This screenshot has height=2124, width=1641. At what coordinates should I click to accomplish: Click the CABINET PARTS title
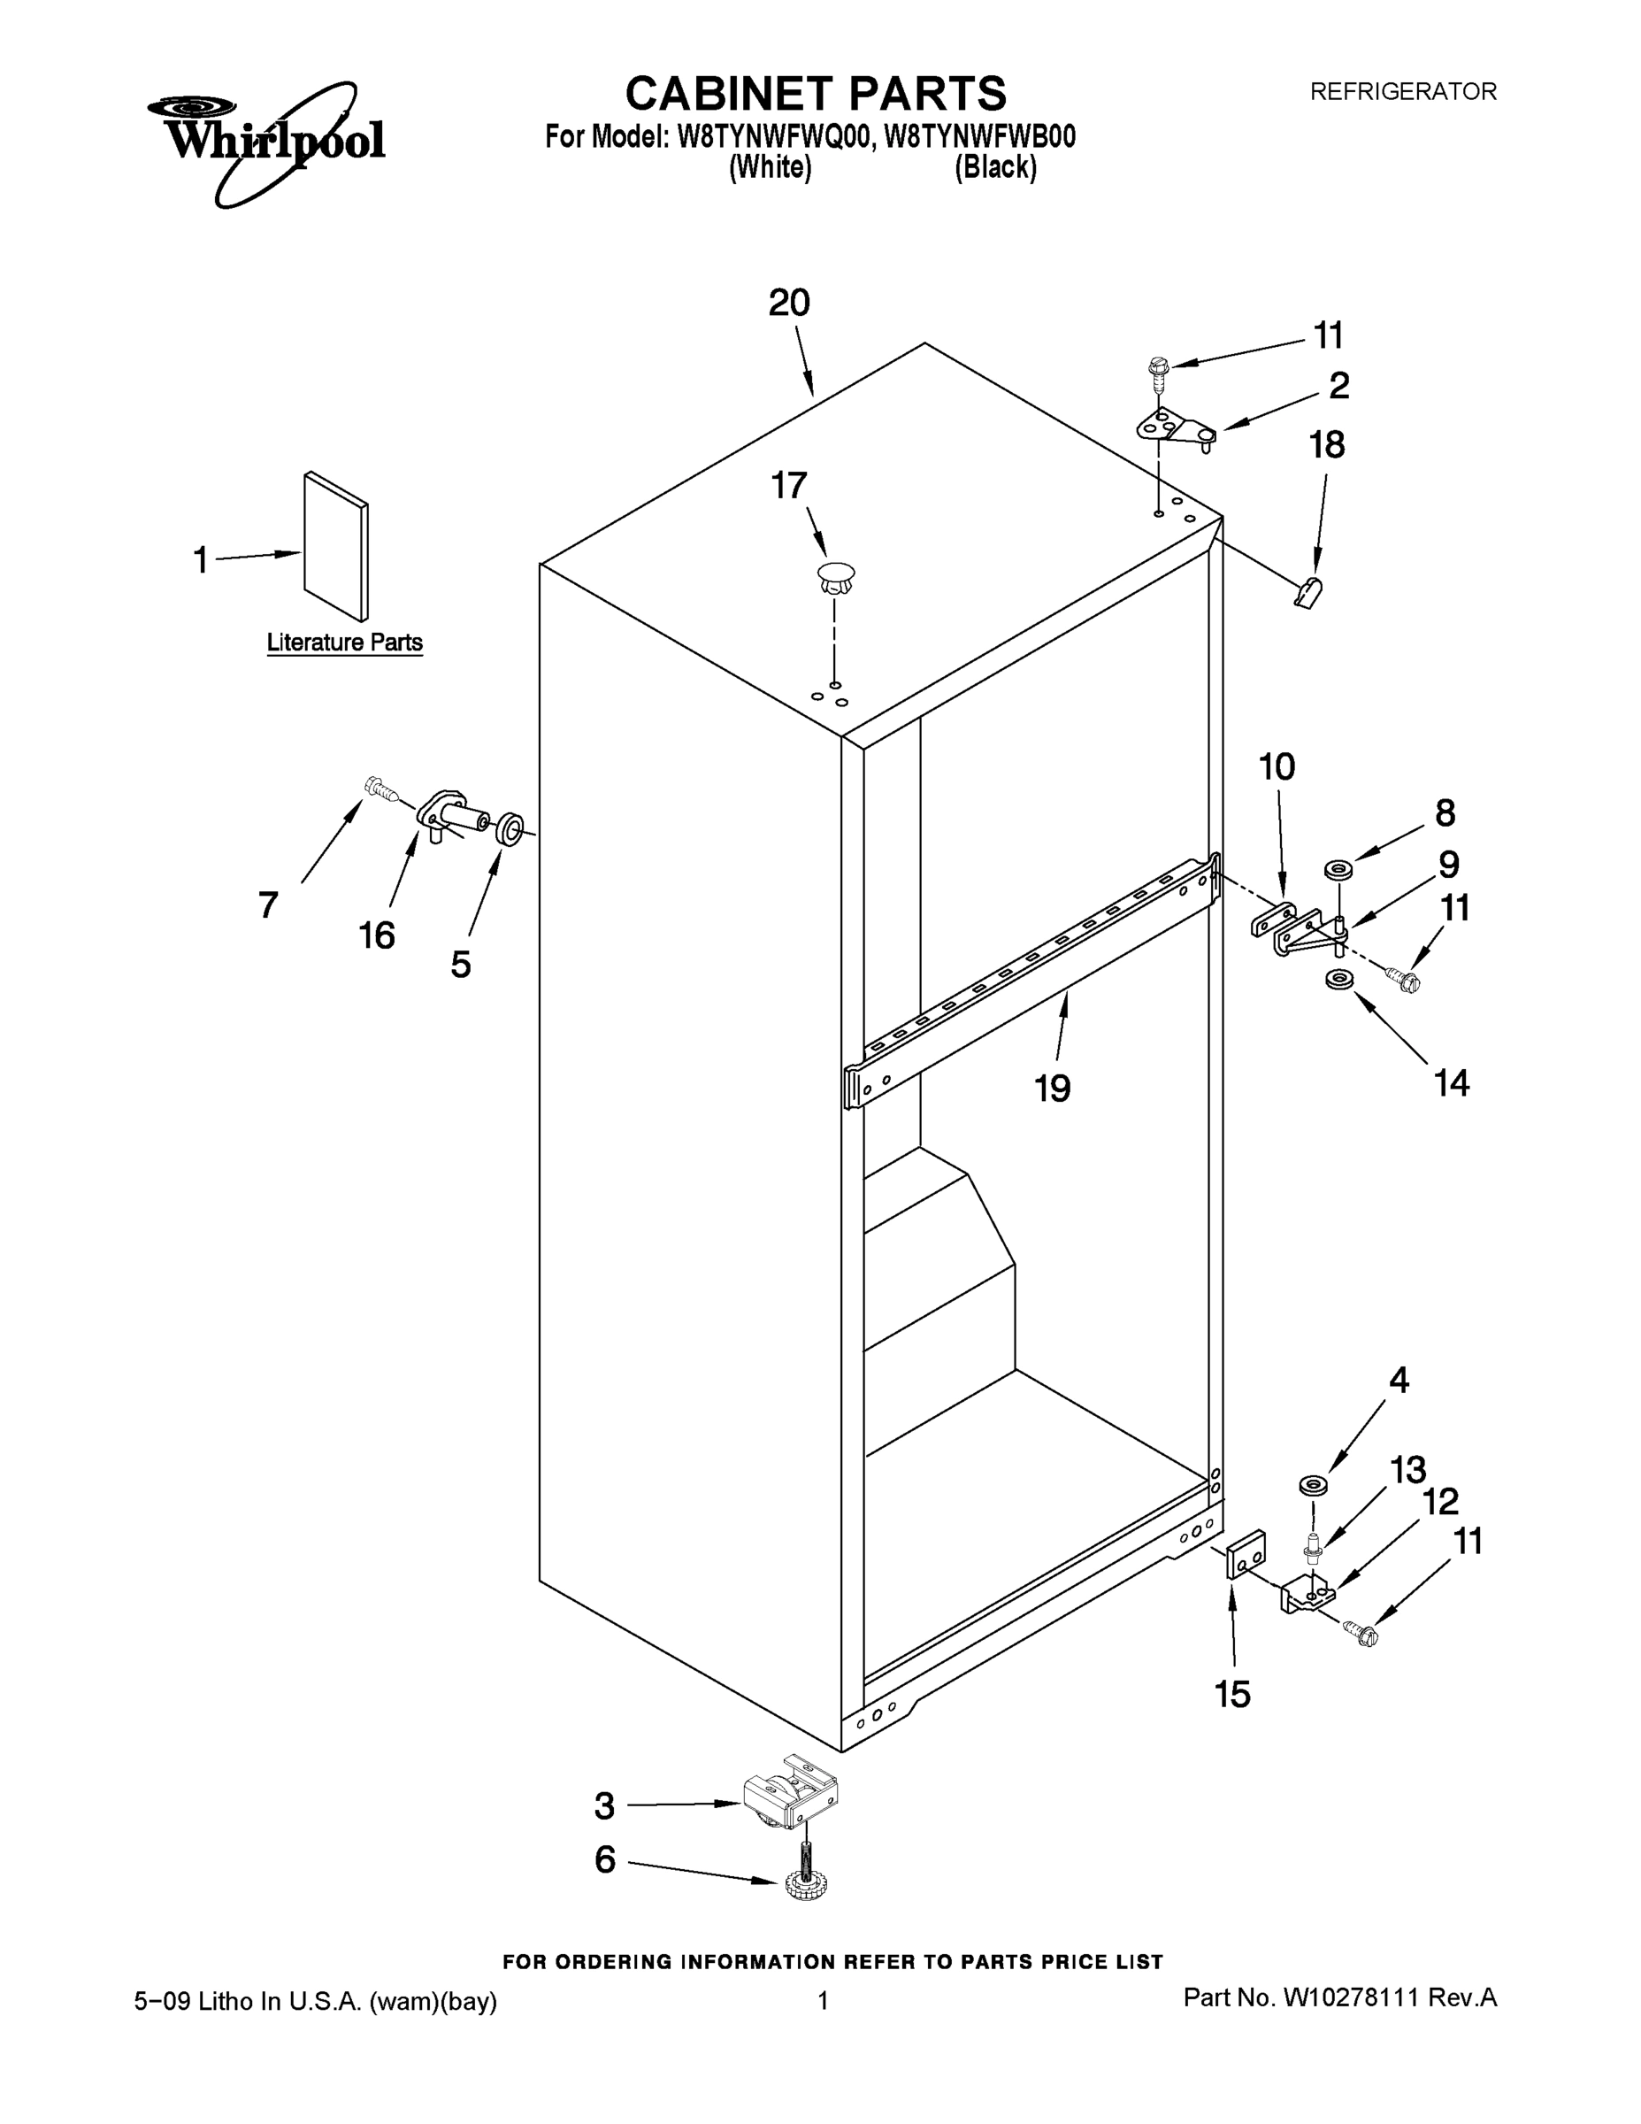coord(815,95)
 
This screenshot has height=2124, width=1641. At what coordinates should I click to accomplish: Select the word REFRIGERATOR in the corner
coord(1403,92)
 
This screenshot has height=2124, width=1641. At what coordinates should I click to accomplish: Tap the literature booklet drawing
coord(336,547)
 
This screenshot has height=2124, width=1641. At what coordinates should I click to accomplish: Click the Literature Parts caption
coord(344,643)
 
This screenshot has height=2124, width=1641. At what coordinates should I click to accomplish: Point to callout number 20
coord(788,304)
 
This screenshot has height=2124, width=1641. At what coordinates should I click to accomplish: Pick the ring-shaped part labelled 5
coord(509,829)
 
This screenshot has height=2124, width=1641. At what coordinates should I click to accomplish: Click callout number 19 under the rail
coord(1052,1089)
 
